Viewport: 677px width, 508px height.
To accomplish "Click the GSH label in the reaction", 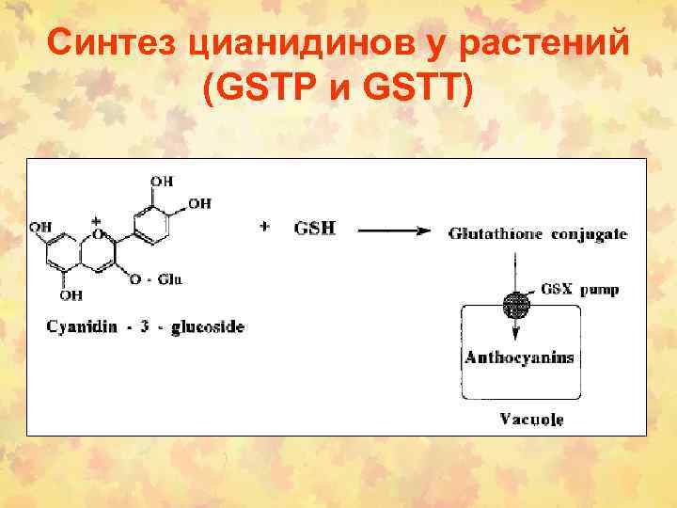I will (315, 228).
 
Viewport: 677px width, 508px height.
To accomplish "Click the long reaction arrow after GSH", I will (394, 230).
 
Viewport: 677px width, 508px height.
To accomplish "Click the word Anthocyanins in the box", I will (519, 357).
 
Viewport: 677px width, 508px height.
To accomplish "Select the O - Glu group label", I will (157, 278).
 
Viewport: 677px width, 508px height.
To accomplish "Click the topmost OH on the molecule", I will (161, 179).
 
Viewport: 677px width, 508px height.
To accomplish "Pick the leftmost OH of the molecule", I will (40, 226).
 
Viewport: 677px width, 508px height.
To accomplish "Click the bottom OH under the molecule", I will (71, 294).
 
